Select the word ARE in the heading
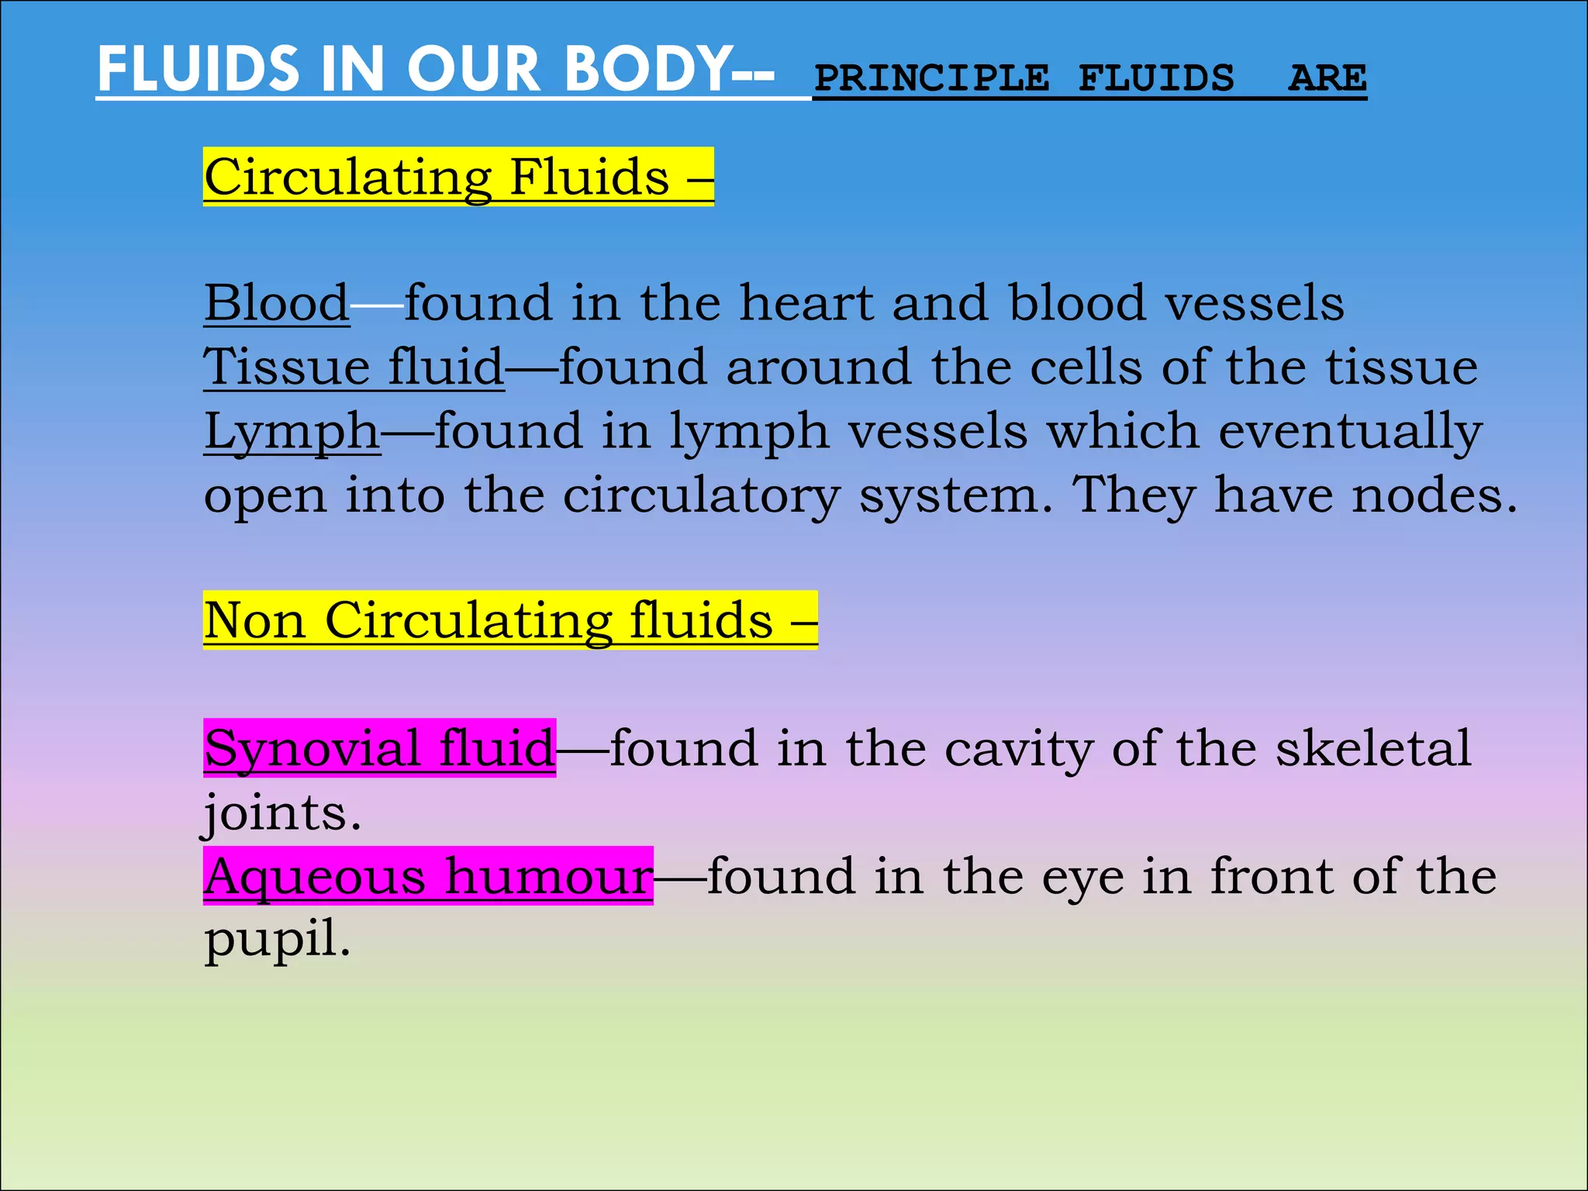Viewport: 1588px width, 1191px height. click(x=1327, y=78)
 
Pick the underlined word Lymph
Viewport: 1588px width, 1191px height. click(x=292, y=431)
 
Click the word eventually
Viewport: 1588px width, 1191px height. click(x=1350, y=431)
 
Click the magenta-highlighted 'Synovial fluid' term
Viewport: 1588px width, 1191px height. click(x=379, y=748)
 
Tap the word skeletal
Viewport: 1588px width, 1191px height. click(x=1373, y=748)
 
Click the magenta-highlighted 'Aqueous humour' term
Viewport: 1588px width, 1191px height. click(x=428, y=876)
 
